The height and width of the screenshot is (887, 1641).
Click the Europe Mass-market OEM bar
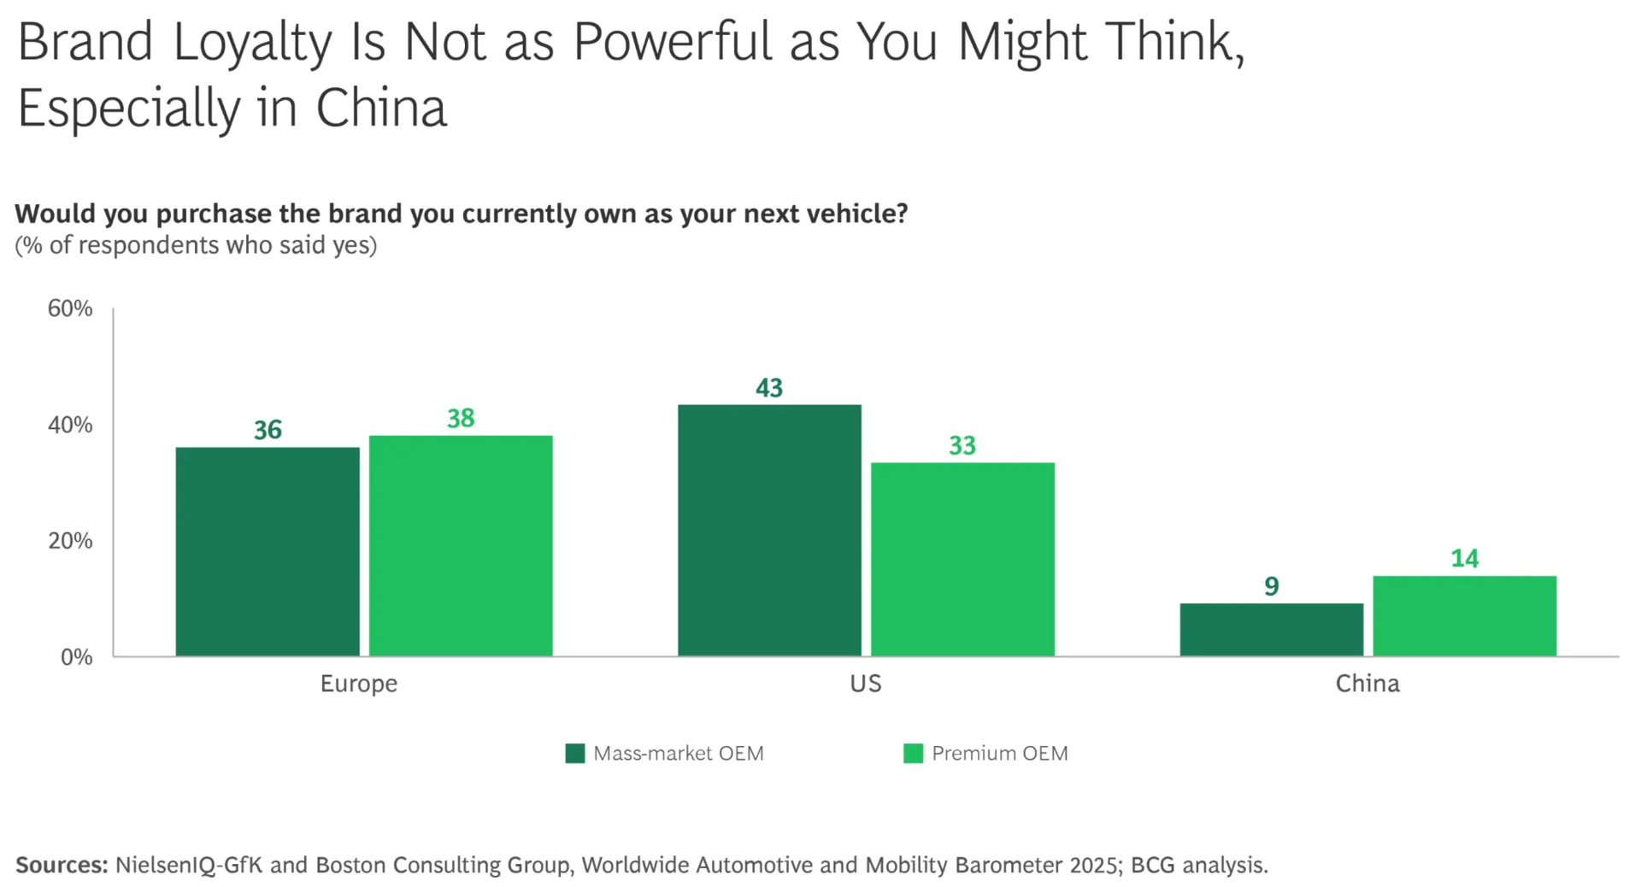pos(268,551)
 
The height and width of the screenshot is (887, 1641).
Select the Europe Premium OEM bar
pos(461,545)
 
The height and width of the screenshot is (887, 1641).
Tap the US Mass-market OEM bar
pos(769,530)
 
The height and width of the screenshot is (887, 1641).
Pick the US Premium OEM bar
pos(962,559)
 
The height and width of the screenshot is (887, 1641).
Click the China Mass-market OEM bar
pos(1272,630)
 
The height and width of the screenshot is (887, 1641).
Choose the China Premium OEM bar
pos(1464,616)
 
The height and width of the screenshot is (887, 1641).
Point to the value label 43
pos(769,388)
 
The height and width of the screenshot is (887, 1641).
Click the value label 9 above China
pos(1272,586)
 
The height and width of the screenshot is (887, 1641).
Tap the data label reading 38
pos(461,418)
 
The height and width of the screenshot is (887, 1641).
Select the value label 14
pos(1464,558)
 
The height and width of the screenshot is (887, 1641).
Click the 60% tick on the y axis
pos(70,308)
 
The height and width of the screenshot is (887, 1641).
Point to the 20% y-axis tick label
pos(70,541)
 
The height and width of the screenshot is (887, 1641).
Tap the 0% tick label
pos(76,657)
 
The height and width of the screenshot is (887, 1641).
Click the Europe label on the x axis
pos(359,684)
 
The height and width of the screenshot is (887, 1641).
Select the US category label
pos(865,684)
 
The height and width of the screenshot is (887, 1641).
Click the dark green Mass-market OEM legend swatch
pos(575,753)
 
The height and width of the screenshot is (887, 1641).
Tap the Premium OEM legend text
pos(999,753)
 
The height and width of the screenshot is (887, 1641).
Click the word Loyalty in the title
pos(251,43)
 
